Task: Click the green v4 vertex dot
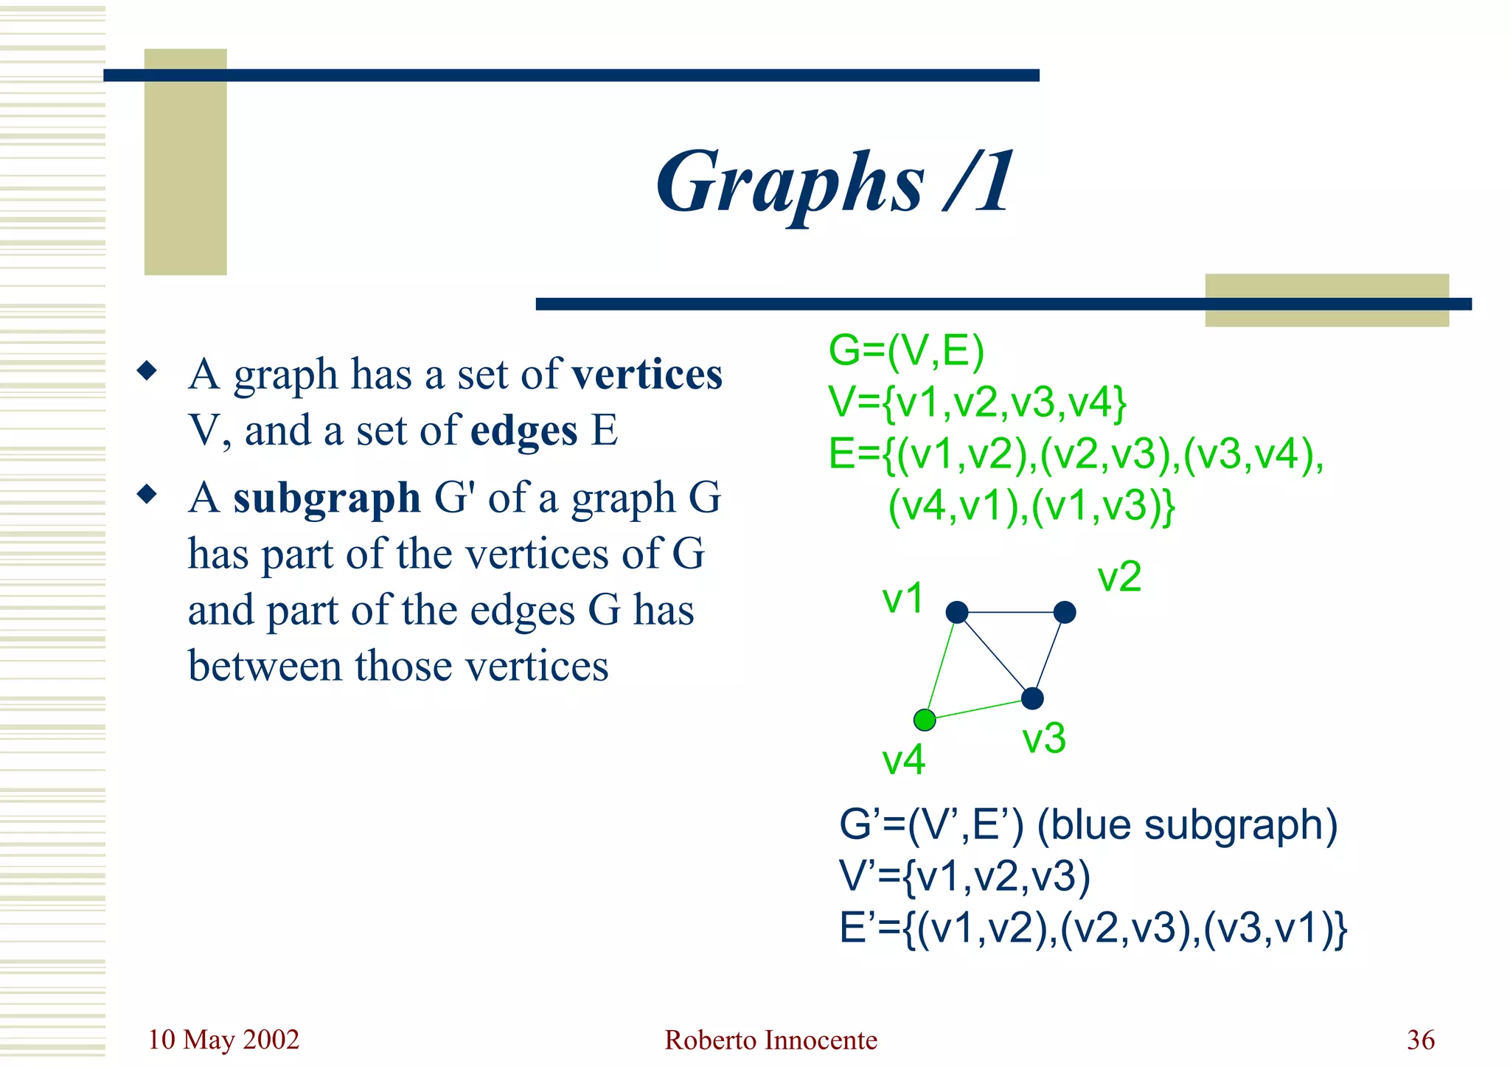click(925, 720)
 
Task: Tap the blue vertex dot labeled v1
click(956, 612)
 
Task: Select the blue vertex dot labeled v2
click(1065, 612)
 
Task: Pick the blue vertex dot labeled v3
click(1032, 698)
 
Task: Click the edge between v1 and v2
click(1010, 612)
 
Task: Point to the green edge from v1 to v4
click(941, 665)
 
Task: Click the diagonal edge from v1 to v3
click(994, 655)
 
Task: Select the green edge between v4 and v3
click(978, 709)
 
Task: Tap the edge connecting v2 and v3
click(1048, 655)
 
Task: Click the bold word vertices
click(647, 375)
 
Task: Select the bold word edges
click(523, 431)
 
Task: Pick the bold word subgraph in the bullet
click(327, 498)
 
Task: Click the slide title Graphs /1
click(835, 183)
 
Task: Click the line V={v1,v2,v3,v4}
click(977, 403)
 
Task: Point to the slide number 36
click(1420, 1040)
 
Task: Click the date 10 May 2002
click(223, 1040)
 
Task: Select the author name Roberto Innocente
click(770, 1040)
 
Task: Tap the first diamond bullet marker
click(147, 370)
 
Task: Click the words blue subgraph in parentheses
click(1187, 825)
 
